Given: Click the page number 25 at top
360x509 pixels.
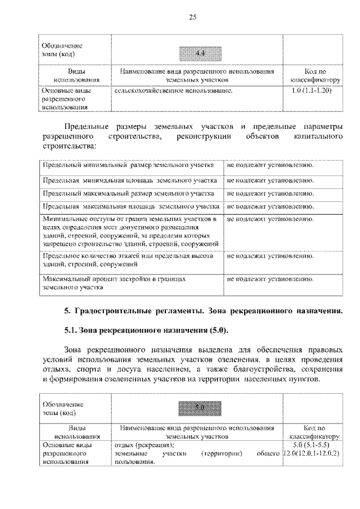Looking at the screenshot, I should [x=192, y=17].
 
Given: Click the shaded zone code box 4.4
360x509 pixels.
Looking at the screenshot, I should [x=199, y=53].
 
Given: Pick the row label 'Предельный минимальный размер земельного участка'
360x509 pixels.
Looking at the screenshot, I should [x=128, y=166].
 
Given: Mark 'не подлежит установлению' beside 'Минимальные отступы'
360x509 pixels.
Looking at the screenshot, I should [x=270, y=218].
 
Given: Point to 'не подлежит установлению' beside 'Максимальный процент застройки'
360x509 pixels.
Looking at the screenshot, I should [x=270, y=278].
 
